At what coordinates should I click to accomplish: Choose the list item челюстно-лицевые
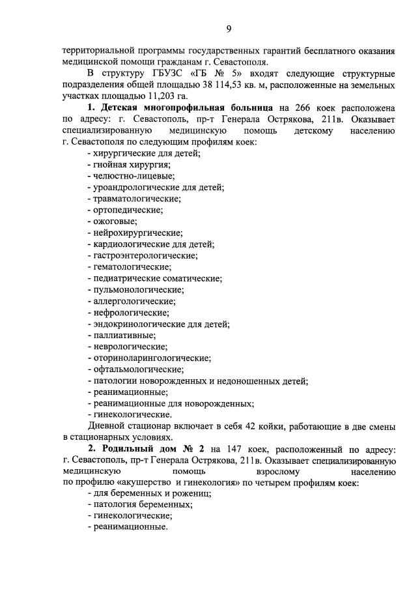(131, 176)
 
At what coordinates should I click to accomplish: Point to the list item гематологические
(133, 266)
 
